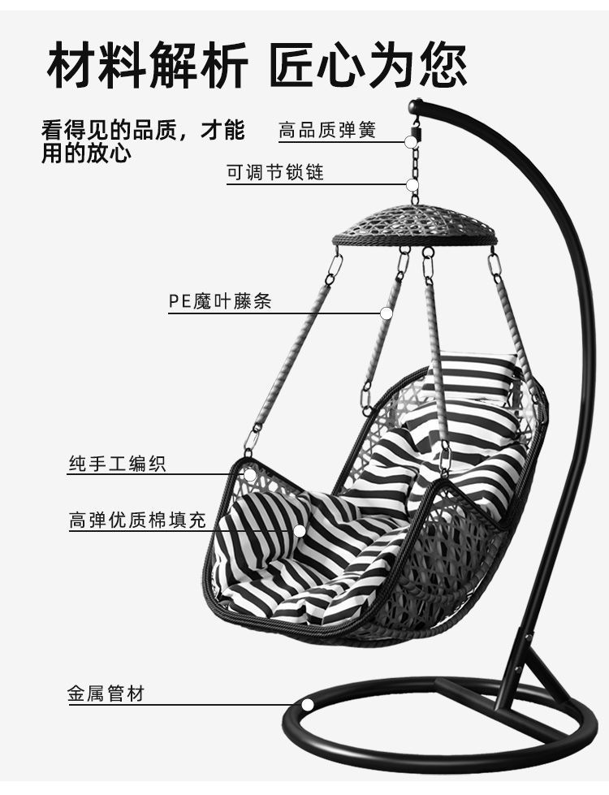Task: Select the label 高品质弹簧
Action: pyautogui.click(x=327, y=130)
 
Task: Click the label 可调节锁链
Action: pyautogui.click(x=274, y=173)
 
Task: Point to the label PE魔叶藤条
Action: pyautogui.click(x=220, y=301)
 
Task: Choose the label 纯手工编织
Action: pyautogui.click(x=117, y=464)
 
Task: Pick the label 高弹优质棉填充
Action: pyautogui.click(x=137, y=521)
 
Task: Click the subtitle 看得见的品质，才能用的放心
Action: pyautogui.click(x=143, y=141)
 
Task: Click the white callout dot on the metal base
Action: pyautogui.click(x=307, y=704)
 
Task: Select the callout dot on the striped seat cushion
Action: pyautogui.click(x=300, y=531)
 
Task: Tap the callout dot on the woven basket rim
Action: pyautogui.click(x=250, y=475)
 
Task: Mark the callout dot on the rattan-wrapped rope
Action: pyautogui.click(x=387, y=312)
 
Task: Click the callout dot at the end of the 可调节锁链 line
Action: pyautogui.click(x=414, y=184)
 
